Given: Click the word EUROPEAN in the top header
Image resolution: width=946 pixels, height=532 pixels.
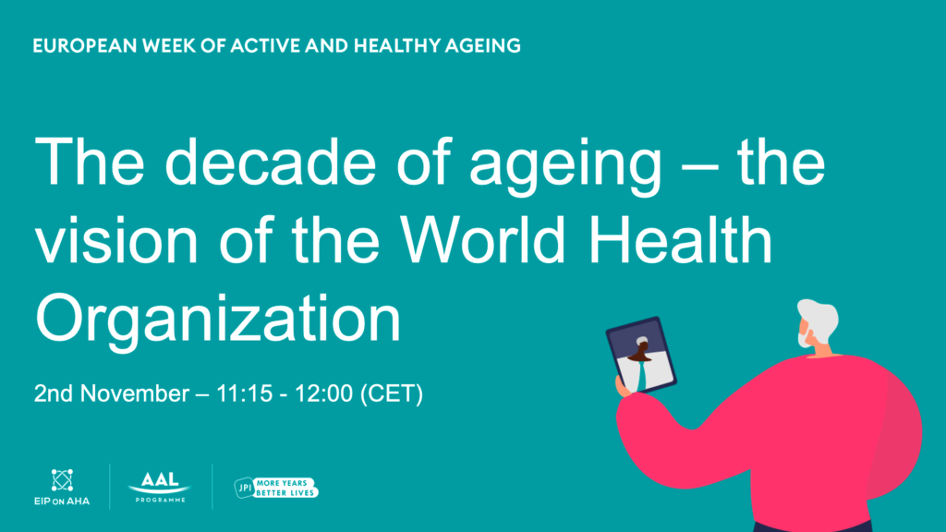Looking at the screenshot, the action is coord(85,46).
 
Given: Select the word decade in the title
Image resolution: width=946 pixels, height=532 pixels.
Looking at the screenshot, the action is coord(271,163).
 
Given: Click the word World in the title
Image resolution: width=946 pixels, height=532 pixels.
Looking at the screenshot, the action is coord(483,239).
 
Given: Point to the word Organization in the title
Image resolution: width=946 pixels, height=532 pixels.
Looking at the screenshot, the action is coord(218,319).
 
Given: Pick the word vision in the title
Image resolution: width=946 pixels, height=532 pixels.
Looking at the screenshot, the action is coord(116,239).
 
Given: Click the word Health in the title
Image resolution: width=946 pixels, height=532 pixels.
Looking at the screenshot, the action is coord(680,239).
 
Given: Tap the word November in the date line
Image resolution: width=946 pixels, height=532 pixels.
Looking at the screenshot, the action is coord(135,393).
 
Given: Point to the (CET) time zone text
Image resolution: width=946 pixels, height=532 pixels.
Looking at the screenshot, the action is coord(392,393).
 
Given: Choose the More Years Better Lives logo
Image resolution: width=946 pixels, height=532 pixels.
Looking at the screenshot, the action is coord(276,488).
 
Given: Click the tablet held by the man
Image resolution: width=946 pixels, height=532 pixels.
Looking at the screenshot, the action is coord(641,355).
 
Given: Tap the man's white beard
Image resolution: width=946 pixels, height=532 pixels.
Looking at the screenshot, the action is coord(806,339).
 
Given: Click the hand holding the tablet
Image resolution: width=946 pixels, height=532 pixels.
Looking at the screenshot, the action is coord(624,386).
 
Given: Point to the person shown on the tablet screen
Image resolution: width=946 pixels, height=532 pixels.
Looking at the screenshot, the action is coord(641,362).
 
